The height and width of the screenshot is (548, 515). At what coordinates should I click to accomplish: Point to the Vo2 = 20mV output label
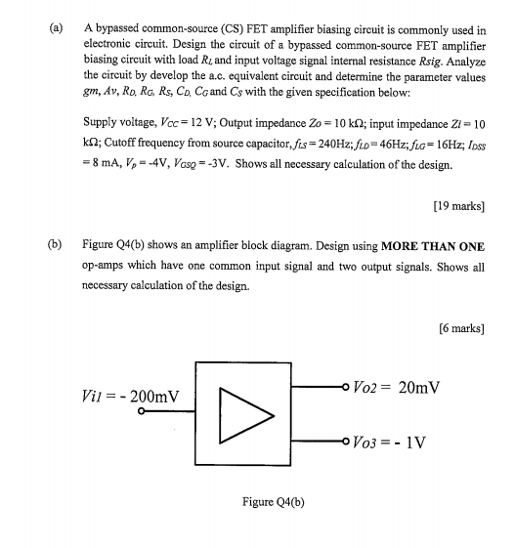pos(400,388)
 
